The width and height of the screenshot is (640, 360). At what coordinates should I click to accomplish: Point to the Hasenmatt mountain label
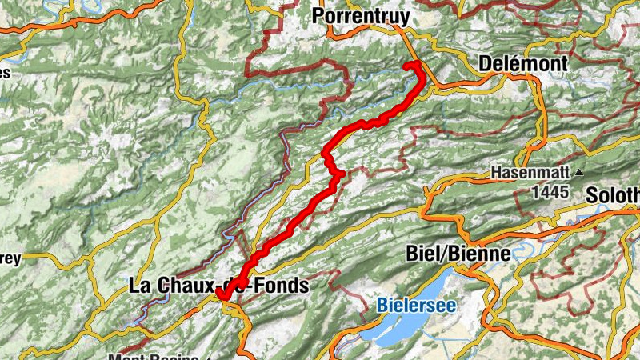[528, 174]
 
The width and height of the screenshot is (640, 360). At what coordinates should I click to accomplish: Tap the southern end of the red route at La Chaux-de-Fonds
[221, 297]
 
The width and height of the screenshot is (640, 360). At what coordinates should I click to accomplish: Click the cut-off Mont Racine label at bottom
[160, 357]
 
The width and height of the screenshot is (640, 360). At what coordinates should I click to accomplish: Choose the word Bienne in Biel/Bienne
[481, 254]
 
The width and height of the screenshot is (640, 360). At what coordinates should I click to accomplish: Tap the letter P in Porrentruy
[319, 15]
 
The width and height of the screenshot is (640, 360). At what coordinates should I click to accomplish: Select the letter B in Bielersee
[381, 304]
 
